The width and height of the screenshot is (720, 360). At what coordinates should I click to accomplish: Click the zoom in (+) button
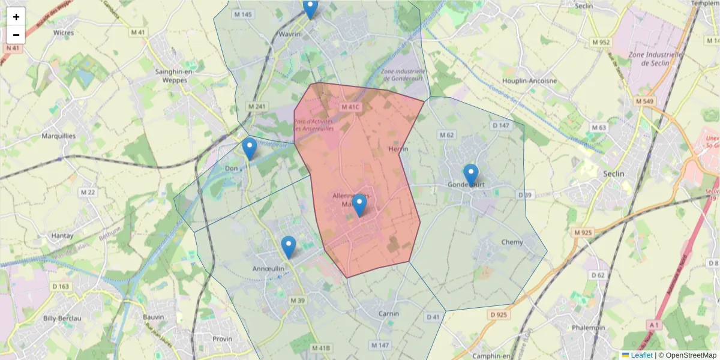[x=16, y=17]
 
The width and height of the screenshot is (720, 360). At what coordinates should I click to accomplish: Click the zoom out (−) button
[x=16, y=35]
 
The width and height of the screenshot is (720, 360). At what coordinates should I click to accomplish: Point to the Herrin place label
[x=398, y=149]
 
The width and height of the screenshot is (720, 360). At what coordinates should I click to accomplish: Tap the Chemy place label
[x=512, y=242]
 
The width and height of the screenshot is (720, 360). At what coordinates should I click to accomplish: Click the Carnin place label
[x=389, y=314]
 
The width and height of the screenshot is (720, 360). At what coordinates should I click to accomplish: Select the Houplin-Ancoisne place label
[x=530, y=80]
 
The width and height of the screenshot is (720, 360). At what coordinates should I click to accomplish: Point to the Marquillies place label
[x=59, y=136]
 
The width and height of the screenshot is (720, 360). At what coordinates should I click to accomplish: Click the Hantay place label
[x=62, y=236]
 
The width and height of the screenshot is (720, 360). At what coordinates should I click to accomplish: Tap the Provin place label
[x=222, y=338]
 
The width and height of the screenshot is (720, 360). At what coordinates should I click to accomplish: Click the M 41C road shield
[x=350, y=107]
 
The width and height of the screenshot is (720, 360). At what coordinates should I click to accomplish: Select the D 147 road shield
[x=500, y=125]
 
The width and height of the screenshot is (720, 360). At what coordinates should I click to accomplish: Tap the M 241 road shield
[x=256, y=106]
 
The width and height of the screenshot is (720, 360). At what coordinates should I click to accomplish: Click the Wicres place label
[x=64, y=33]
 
